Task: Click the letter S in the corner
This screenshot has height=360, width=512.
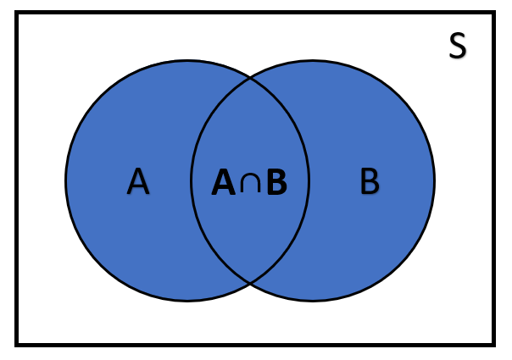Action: (457, 47)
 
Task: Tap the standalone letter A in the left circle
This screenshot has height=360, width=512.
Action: (138, 181)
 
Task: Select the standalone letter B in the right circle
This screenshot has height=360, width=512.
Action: (370, 181)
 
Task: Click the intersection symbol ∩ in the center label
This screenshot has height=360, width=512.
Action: (249, 182)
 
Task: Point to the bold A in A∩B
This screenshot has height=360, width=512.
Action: (224, 182)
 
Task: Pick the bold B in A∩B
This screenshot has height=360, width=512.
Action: (275, 182)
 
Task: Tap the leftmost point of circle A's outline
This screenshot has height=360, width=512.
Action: (66, 180)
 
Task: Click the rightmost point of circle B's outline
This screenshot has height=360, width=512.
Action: (434, 180)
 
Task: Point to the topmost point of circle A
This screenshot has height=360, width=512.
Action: (187, 60)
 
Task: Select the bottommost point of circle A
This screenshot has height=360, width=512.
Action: (187, 301)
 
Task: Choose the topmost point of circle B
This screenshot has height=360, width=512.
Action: (313, 60)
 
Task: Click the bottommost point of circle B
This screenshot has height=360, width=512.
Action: (313, 301)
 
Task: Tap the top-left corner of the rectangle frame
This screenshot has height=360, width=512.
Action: (17, 14)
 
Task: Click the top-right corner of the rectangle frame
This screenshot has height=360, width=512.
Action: (494, 14)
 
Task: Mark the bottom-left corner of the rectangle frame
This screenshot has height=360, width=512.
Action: (17, 344)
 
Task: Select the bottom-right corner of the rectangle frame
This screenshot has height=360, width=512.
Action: (494, 344)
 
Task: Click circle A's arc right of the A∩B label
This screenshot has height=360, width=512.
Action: (309, 180)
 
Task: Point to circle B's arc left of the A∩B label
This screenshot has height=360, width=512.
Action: (192, 180)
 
